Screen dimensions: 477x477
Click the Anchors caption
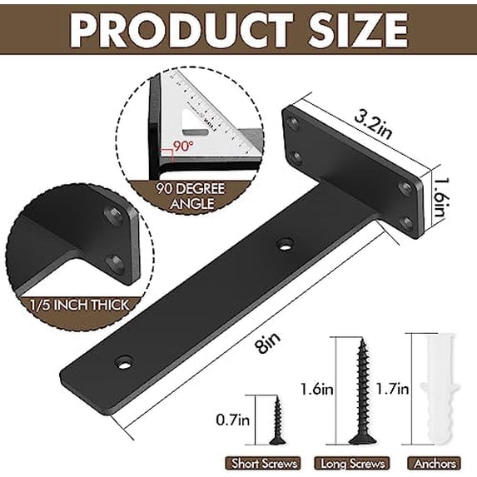click(x=432, y=462)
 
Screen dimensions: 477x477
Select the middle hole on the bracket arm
click(x=285, y=246)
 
